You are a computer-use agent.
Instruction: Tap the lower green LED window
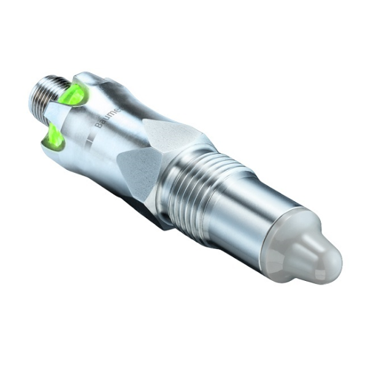coord(54,137)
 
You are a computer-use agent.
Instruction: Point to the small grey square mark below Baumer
coord(88,142)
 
